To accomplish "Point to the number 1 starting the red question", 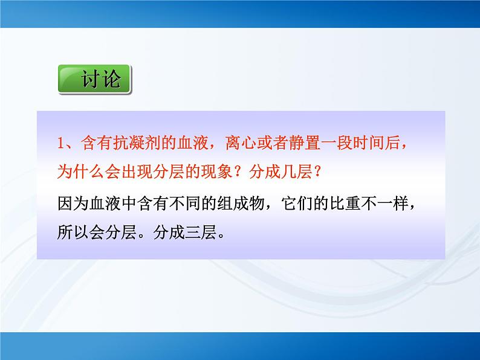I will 59,143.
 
